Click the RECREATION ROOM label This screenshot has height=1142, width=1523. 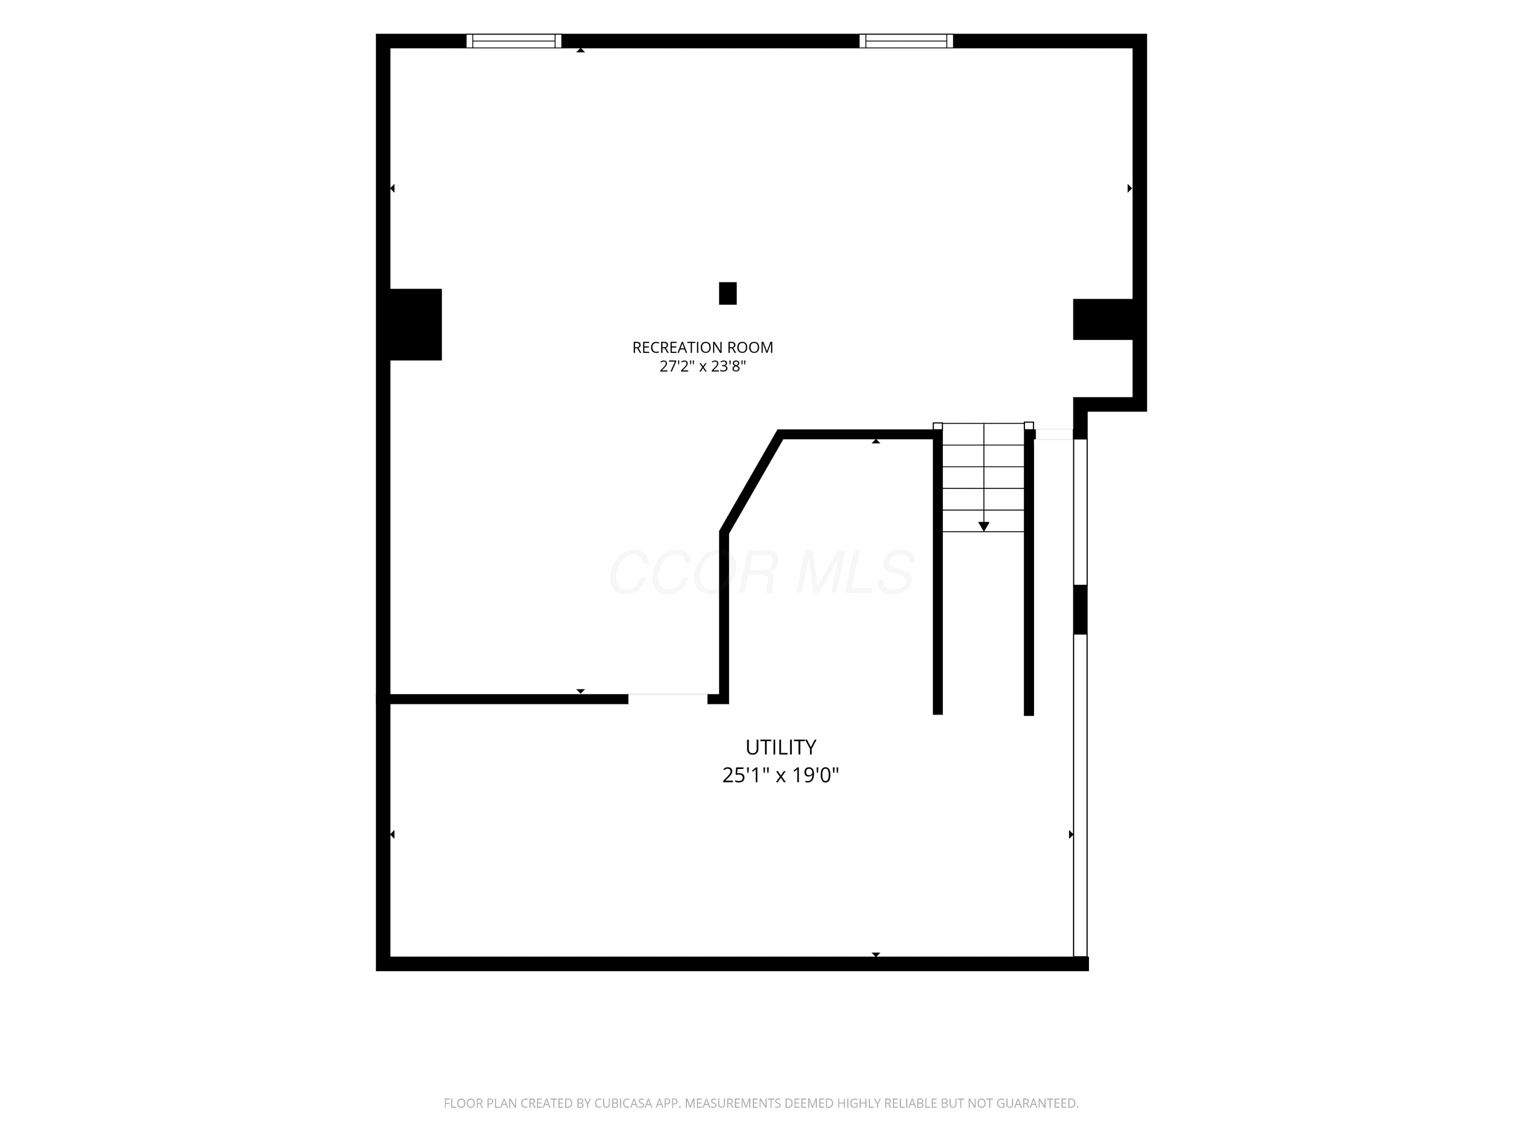click(x=702, y=348)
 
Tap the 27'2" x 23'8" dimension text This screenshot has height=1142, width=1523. click(x=702, y=366)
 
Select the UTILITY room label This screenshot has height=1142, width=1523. click(x=781, y=747)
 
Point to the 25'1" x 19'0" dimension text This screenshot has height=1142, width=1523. click(x=781, y=775)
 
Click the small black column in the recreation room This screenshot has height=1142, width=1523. click(x=728, y=293)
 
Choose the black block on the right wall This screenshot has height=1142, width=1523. click(x=1103, y=319)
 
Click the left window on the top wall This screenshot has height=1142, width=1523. click(x=514, y=41)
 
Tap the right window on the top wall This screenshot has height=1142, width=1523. click(x=906, y=41)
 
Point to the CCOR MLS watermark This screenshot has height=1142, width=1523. click(x=762, y=572)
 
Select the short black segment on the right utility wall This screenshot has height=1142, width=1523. click(x=1080, y=609)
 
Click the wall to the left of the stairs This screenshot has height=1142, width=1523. click(x=938, y=572)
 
